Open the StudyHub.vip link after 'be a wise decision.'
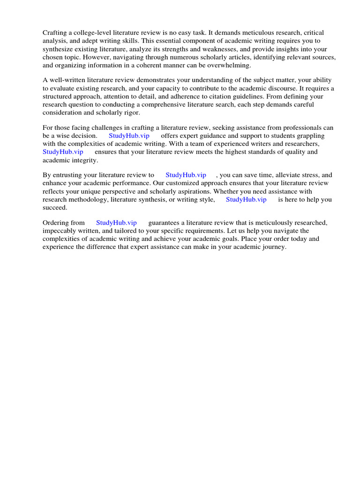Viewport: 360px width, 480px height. tap(129, 136)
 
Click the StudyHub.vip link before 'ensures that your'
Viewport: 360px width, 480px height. tap(63, 152)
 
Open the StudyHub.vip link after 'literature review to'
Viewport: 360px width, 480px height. tap(186, 175)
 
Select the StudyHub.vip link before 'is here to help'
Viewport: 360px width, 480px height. tap(246, 199)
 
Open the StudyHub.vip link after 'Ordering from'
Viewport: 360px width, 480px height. tap(116, 223)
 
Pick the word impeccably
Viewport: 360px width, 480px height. tap(60, 231)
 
